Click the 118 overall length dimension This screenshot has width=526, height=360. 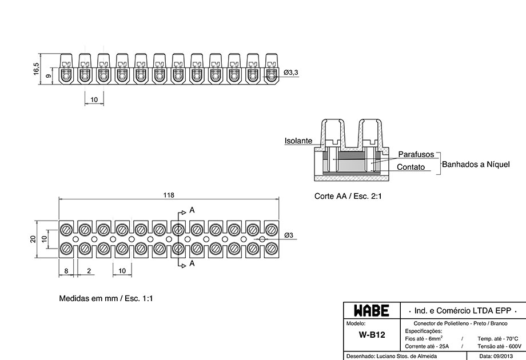169,195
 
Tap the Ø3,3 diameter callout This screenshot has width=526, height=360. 290,73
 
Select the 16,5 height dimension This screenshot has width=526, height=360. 36,69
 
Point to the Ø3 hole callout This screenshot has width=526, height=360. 289,235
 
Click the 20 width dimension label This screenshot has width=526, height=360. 33,239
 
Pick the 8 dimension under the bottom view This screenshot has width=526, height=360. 66,271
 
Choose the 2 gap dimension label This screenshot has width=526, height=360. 89,271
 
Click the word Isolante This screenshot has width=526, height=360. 298,141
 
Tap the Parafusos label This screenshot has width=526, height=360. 416,154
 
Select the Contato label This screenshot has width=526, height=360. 411,167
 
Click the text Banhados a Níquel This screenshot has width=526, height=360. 476,164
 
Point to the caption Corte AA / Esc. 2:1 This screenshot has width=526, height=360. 348,196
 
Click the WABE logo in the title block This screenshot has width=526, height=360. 372,311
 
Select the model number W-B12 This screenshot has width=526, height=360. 372,334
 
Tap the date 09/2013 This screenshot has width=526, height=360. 503,357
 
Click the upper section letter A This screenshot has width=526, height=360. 192,210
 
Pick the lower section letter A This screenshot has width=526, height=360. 192,263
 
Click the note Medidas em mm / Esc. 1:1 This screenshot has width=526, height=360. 106,298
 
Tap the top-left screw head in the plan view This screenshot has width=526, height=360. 66,230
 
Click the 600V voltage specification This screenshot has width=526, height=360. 515,346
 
